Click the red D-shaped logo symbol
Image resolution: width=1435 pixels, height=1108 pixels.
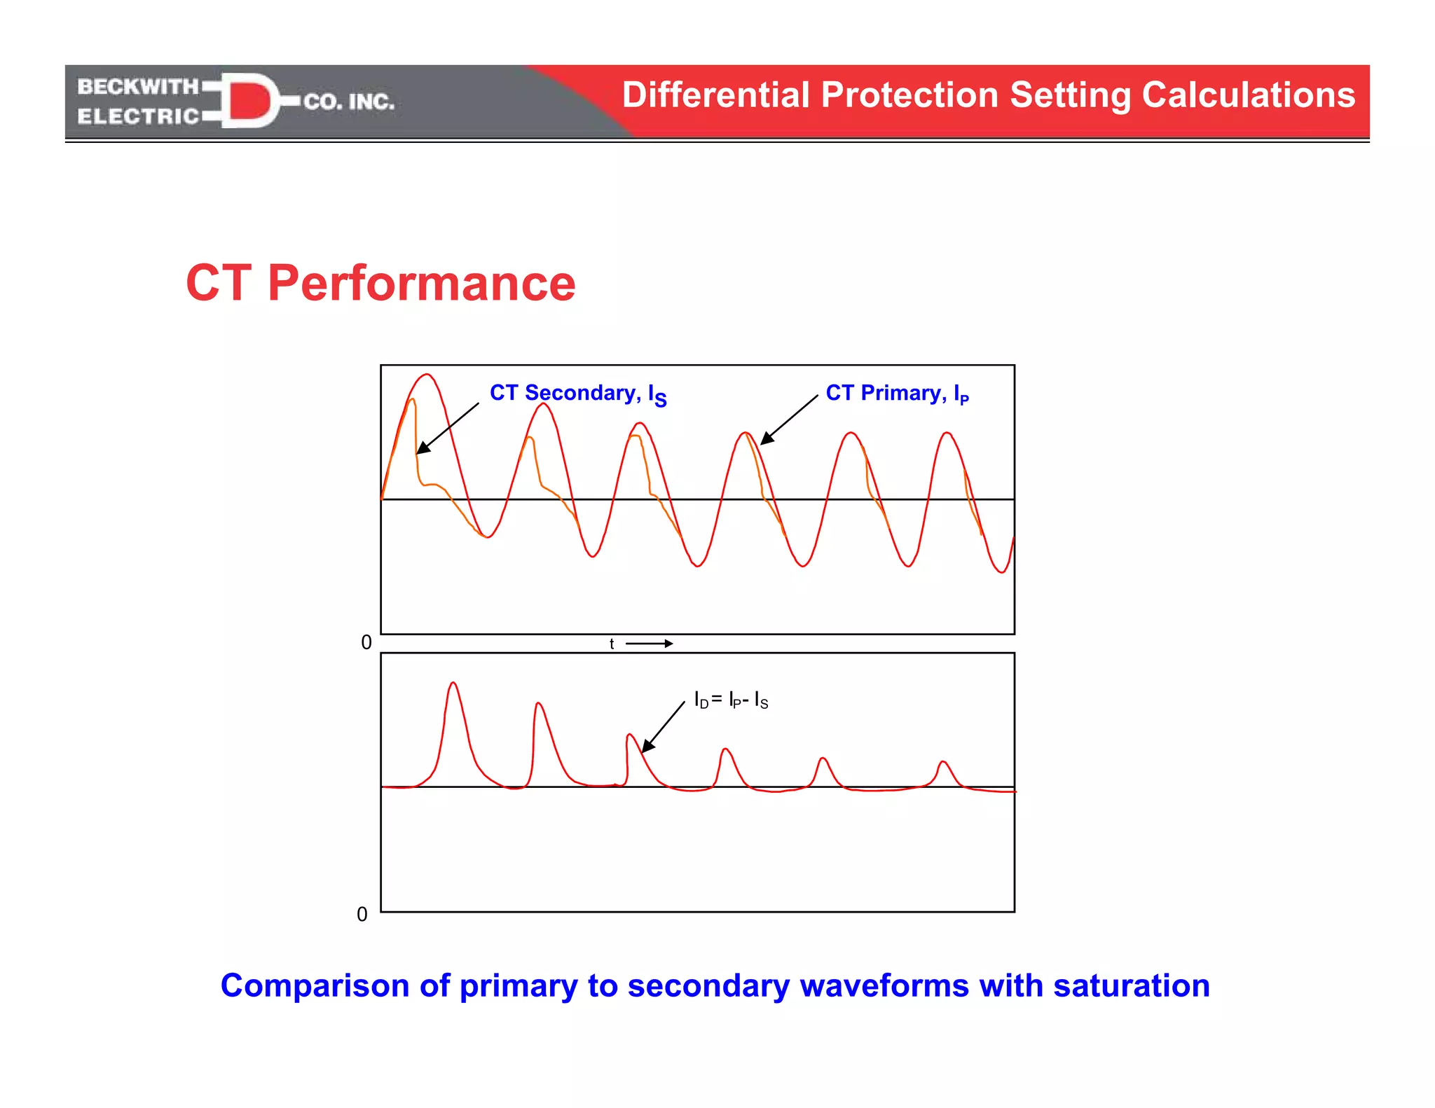point(249,101)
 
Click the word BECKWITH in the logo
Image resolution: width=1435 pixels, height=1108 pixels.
point(138,86)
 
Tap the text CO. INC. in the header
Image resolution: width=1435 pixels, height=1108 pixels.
point(349,102)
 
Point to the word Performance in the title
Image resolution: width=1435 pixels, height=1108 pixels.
point(421,283)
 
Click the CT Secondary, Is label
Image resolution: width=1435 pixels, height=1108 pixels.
point(577,394)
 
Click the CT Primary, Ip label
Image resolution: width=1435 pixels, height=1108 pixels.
point(896,394)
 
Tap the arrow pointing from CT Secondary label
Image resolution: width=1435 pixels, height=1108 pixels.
point(447,429)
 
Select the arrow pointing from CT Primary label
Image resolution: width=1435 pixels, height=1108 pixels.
point(789,420)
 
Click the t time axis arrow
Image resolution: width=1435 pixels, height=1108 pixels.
point(649,643)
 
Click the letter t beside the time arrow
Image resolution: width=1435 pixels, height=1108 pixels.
point(612,644)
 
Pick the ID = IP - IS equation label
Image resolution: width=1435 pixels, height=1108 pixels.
point(731,700)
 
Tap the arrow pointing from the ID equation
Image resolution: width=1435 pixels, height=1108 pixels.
point(663,728)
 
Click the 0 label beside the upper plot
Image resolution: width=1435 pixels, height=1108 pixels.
point(366,642)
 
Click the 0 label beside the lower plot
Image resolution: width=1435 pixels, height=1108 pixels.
point(362,914)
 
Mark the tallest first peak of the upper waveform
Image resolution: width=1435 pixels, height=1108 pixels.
point(427,375)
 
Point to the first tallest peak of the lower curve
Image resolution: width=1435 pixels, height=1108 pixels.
point(453,683)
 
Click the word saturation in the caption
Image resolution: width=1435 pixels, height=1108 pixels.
point(1131,985)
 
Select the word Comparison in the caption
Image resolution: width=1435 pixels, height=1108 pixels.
point(315,985)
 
